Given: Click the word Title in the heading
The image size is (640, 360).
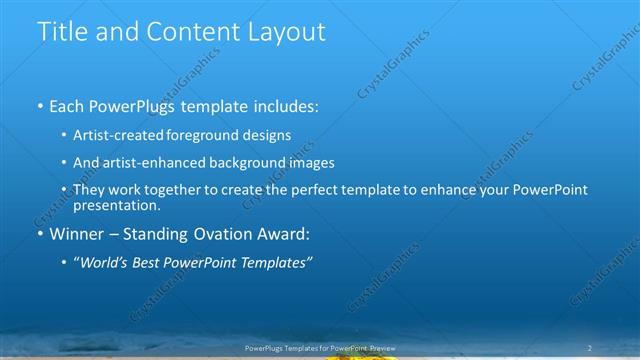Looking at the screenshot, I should point(61,32).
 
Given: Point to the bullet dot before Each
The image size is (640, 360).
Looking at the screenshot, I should point(39,105).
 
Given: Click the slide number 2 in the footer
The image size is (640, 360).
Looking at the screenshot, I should point(590,347).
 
